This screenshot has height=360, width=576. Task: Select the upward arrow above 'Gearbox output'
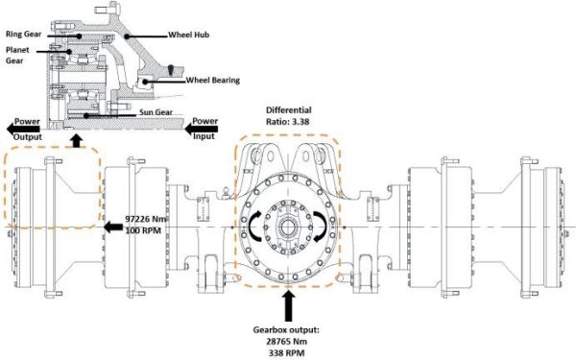[288, 304]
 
